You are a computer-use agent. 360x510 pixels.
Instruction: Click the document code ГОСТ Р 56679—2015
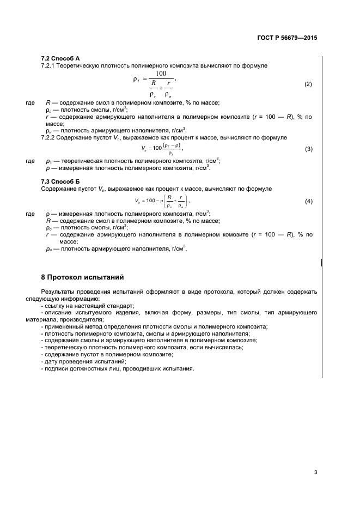(286, 38)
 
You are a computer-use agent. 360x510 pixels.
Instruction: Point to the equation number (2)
(308, 84)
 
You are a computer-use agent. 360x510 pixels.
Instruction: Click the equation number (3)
(308, 149)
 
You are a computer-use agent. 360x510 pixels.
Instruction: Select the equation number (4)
(308, 202)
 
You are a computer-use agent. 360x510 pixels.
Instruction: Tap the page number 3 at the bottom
(315, 471)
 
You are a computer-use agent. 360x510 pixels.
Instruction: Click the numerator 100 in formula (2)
(161, 74)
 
